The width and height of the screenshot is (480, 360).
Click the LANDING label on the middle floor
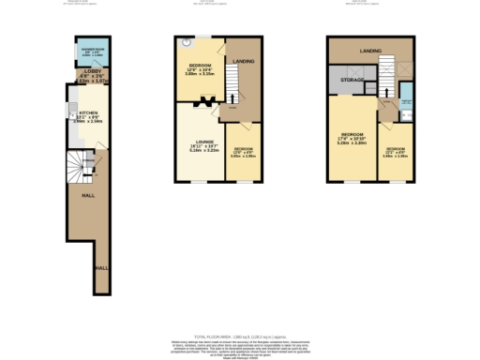[x=244, y=63]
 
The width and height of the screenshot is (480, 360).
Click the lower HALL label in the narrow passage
[x=100, y=268]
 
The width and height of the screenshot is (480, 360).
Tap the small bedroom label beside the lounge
[x=243, y=153]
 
